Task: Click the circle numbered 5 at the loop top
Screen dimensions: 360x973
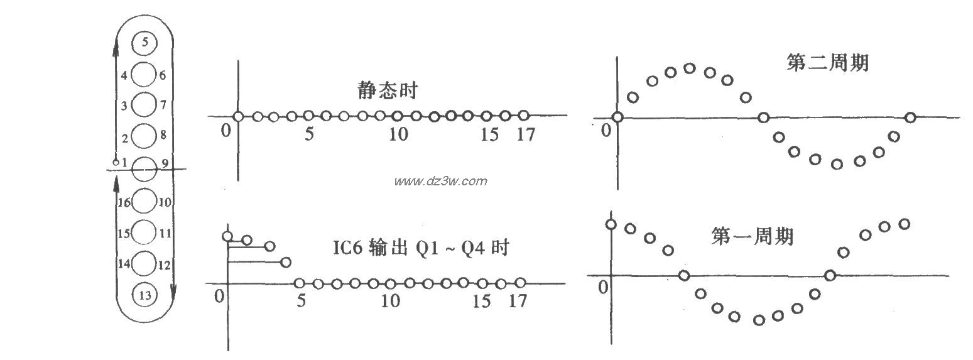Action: click(x=145, y=43)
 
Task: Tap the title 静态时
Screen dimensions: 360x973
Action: click(x=386, y=90)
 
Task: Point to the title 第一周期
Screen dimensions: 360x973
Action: click(x=752, y=236)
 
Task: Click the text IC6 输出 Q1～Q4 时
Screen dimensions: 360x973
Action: click(x=420, y=248)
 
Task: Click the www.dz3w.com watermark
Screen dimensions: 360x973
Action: click(x=440, y=182)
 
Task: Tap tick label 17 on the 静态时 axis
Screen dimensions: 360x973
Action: click(x=525, y=134)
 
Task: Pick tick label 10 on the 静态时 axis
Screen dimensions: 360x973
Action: click(x=398, y=134)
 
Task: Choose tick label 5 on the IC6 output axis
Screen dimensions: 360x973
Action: click(x=301, y=301)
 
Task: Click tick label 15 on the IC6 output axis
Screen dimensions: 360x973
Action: click(x=482, y=301)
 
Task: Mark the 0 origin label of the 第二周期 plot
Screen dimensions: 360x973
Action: click(x=606, y=130)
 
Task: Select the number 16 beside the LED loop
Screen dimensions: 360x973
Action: click(x=123, y=202)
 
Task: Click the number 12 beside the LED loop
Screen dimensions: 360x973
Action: click(x=164, y=265)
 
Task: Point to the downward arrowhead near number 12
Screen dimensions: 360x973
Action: click(x=173, y=290)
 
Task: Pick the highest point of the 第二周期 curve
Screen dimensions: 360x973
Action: click(x=690, y=68)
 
